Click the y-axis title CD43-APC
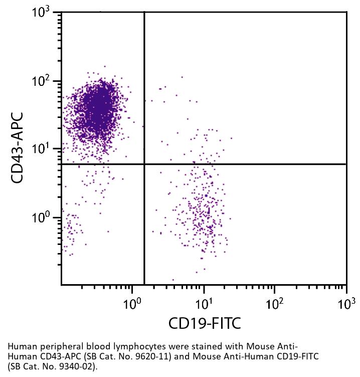pyautogui.click(x=18, y=149)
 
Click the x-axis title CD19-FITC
pyautogui.click(x=205, y=323)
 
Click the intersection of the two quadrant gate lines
pyautogui.click(x=144, y=164)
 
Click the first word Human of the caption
pyautogui.click(x=20, y=347)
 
